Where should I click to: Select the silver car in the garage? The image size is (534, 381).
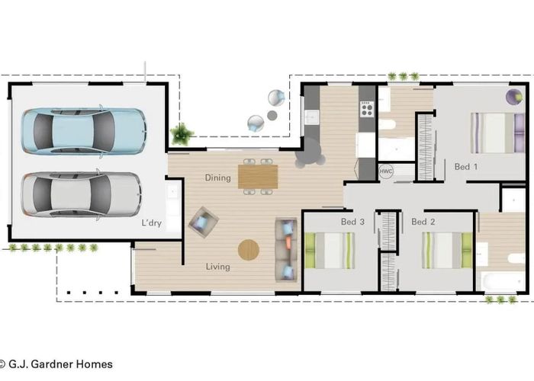point(81,194)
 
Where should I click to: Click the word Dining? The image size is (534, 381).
point(217,178)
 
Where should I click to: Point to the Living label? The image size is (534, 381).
point(217,267)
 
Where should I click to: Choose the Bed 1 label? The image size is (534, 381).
point(466,166)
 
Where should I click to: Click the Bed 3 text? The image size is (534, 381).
point(352,222)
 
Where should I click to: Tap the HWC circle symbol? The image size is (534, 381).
point(386,171)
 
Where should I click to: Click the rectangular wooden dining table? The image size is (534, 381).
point(258,176)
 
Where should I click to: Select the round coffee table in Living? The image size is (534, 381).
point(249,249)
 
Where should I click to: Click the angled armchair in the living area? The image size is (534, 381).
point(203,222)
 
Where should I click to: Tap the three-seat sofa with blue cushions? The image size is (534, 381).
point(287,248)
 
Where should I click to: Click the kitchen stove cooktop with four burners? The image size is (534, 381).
point(367,109)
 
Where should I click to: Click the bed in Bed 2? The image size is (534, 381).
point(448,251)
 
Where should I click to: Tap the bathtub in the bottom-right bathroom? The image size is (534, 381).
point(500,282)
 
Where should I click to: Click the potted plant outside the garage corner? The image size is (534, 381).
point(182,134)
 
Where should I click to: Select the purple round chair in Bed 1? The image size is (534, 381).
point(514,97)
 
